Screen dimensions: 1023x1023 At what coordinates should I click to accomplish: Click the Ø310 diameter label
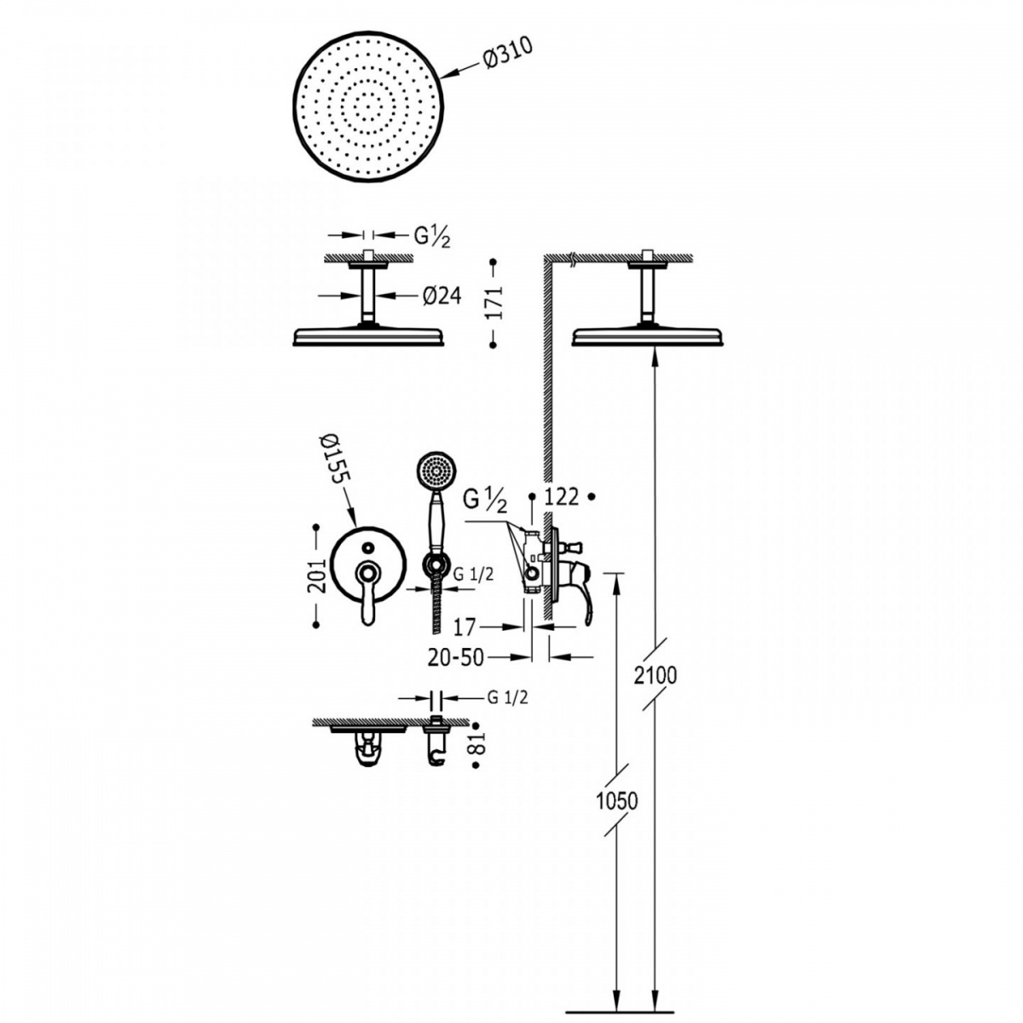point(508,55)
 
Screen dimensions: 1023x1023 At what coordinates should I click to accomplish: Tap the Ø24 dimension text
point(442,296)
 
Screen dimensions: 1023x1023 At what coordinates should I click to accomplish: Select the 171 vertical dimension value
point(494,303)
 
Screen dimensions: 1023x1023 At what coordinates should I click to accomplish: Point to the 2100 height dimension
point(656,675)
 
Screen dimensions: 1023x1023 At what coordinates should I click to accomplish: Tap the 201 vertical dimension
point(317,575)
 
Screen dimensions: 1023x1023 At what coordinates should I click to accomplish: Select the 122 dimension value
point(562,497)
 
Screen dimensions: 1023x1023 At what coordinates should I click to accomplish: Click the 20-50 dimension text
point(456,658)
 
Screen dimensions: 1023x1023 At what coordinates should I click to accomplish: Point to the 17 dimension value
point(465,627)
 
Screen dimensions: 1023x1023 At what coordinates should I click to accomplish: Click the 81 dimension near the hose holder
point(476,744)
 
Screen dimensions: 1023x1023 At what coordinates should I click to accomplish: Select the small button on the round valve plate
point(367,546)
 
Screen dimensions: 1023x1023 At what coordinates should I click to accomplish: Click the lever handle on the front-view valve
point(368,592)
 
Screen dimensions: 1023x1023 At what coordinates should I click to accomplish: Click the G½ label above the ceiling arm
point(432,237)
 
